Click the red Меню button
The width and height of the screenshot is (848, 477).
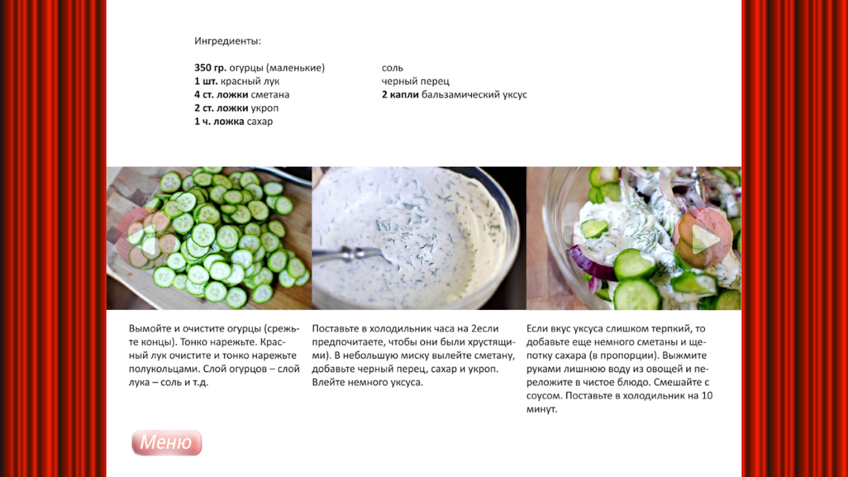pos(166,442)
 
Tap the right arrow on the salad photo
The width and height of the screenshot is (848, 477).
pos(703,239)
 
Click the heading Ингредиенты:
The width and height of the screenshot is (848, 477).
pos(228,41)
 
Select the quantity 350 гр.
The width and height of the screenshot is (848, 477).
pos(210,68)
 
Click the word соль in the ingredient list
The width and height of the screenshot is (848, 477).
pos(392,68)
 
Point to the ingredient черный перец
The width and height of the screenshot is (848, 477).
pos(415,82)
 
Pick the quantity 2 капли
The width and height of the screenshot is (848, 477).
pos(400,95)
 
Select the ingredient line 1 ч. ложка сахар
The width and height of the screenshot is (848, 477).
pos(234,122)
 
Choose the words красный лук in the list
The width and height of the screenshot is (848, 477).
pos(250,82)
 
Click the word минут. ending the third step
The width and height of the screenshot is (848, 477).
pos(541,409)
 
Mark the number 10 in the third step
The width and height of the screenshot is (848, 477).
pos(707,395)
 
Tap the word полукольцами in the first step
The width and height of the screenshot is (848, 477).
pos(165,369)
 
